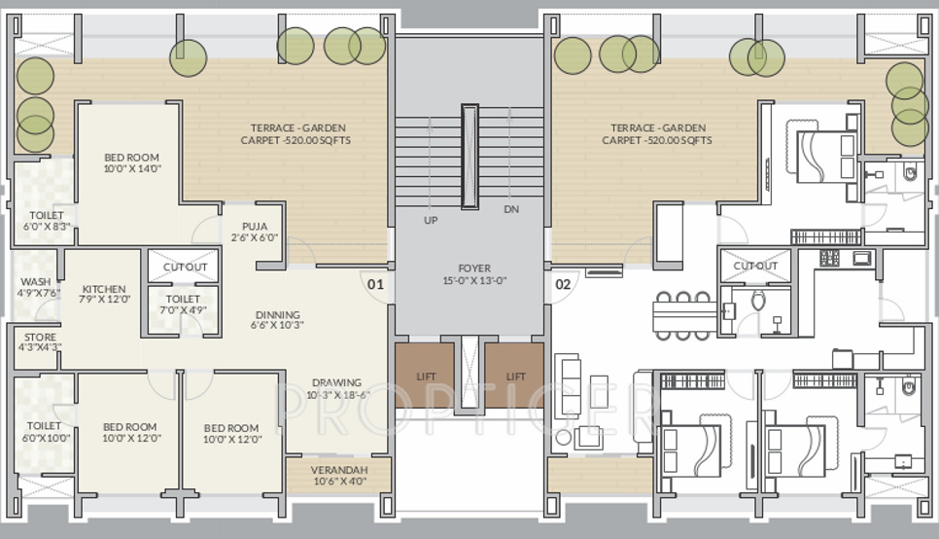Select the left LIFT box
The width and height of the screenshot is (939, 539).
click(x=425, y=376)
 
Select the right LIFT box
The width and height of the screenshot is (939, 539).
click(x=514, y=376)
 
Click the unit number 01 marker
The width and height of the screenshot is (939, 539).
click(x=375, y=283)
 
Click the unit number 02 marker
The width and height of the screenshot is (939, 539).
click(x=563, y=283)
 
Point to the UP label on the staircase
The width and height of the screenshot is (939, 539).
click(x=431, y=220)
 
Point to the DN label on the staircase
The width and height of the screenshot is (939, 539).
click(x=511, y=209)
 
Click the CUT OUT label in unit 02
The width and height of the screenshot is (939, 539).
click(x=755, y=266)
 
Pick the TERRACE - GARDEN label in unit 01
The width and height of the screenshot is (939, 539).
click(x=297, y=127)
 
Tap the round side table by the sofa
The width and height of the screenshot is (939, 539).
click(x=563, y=438)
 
